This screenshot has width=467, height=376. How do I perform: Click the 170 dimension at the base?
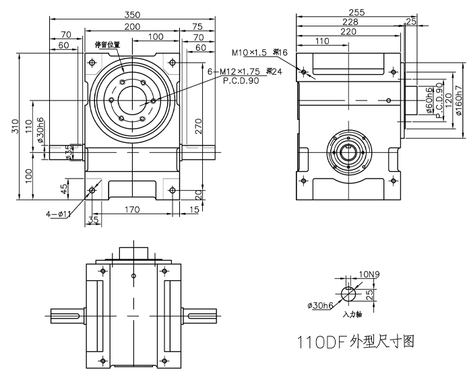(x=132, y=210)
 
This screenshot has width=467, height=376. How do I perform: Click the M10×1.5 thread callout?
(x=250, y=53)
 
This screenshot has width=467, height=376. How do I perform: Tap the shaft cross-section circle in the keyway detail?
(x=348, y=294)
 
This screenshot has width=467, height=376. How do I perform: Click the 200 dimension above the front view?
(x=133, y=26)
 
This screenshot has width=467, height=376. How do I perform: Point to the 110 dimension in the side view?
(x=322, y=41)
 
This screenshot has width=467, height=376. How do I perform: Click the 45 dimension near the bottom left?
(x=65, y=188)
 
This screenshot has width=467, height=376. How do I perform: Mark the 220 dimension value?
(x=348, y=31)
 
